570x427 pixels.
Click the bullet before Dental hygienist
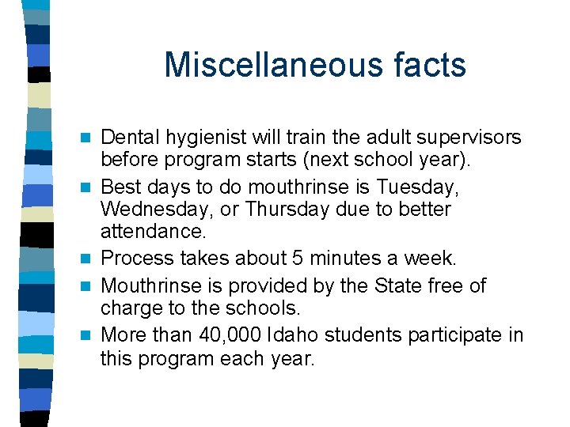(x=90, y=138)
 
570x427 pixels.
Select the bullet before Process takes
(x=90, y=259)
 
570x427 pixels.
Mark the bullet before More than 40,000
(x=90, y=335)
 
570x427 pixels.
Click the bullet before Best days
(x=90, y=187)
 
